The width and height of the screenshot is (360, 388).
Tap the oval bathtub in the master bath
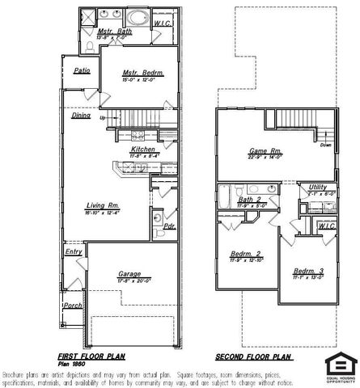138,17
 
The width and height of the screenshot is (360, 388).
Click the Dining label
81,116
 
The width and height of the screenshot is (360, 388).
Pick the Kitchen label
142,150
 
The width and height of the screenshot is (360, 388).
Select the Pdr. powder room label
170,226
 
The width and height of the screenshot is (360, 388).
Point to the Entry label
74,252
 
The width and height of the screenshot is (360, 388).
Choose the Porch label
74,306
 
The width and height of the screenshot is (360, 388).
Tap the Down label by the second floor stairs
325,145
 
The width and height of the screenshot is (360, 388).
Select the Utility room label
317,187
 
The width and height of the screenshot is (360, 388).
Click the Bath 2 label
248,199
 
